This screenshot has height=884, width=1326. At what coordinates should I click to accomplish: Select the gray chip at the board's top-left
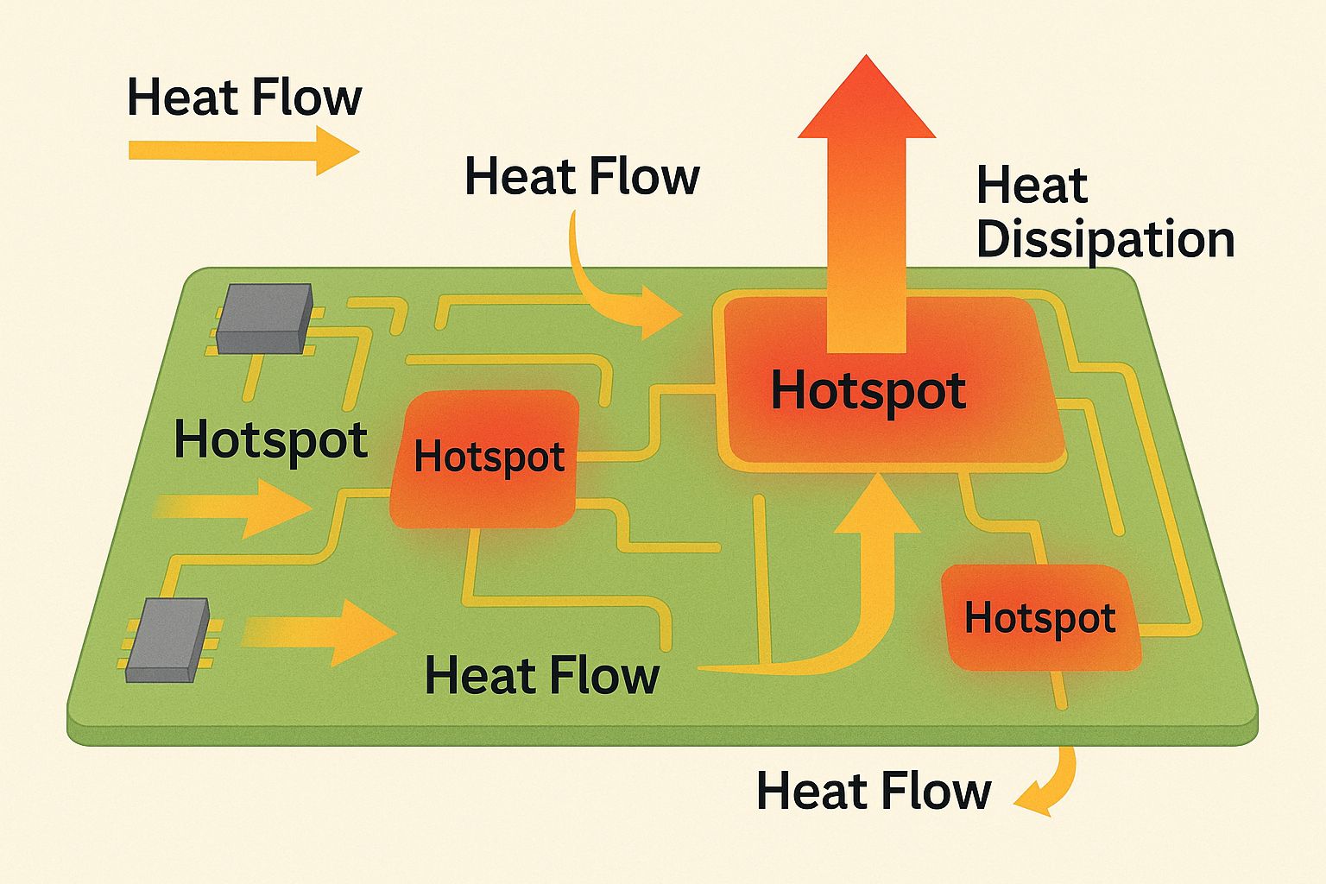(264, 318)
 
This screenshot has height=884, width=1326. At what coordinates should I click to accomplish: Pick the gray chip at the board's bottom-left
(167, 639)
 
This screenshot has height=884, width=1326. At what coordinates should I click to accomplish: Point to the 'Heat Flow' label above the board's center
(582, 177)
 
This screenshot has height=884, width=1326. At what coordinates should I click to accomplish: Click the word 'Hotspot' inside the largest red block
(868, 390)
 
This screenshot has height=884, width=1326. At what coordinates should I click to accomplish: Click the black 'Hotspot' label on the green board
(271, 439)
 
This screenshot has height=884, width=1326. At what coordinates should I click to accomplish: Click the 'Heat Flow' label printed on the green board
(542, 675)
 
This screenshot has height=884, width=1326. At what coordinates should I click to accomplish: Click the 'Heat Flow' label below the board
(874, 791)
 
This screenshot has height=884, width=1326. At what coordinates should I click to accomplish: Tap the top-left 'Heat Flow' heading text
(243, 97)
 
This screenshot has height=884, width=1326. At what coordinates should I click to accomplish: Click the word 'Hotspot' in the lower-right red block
(1039, 618)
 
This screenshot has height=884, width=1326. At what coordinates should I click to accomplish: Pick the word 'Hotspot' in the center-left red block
(489, 457)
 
